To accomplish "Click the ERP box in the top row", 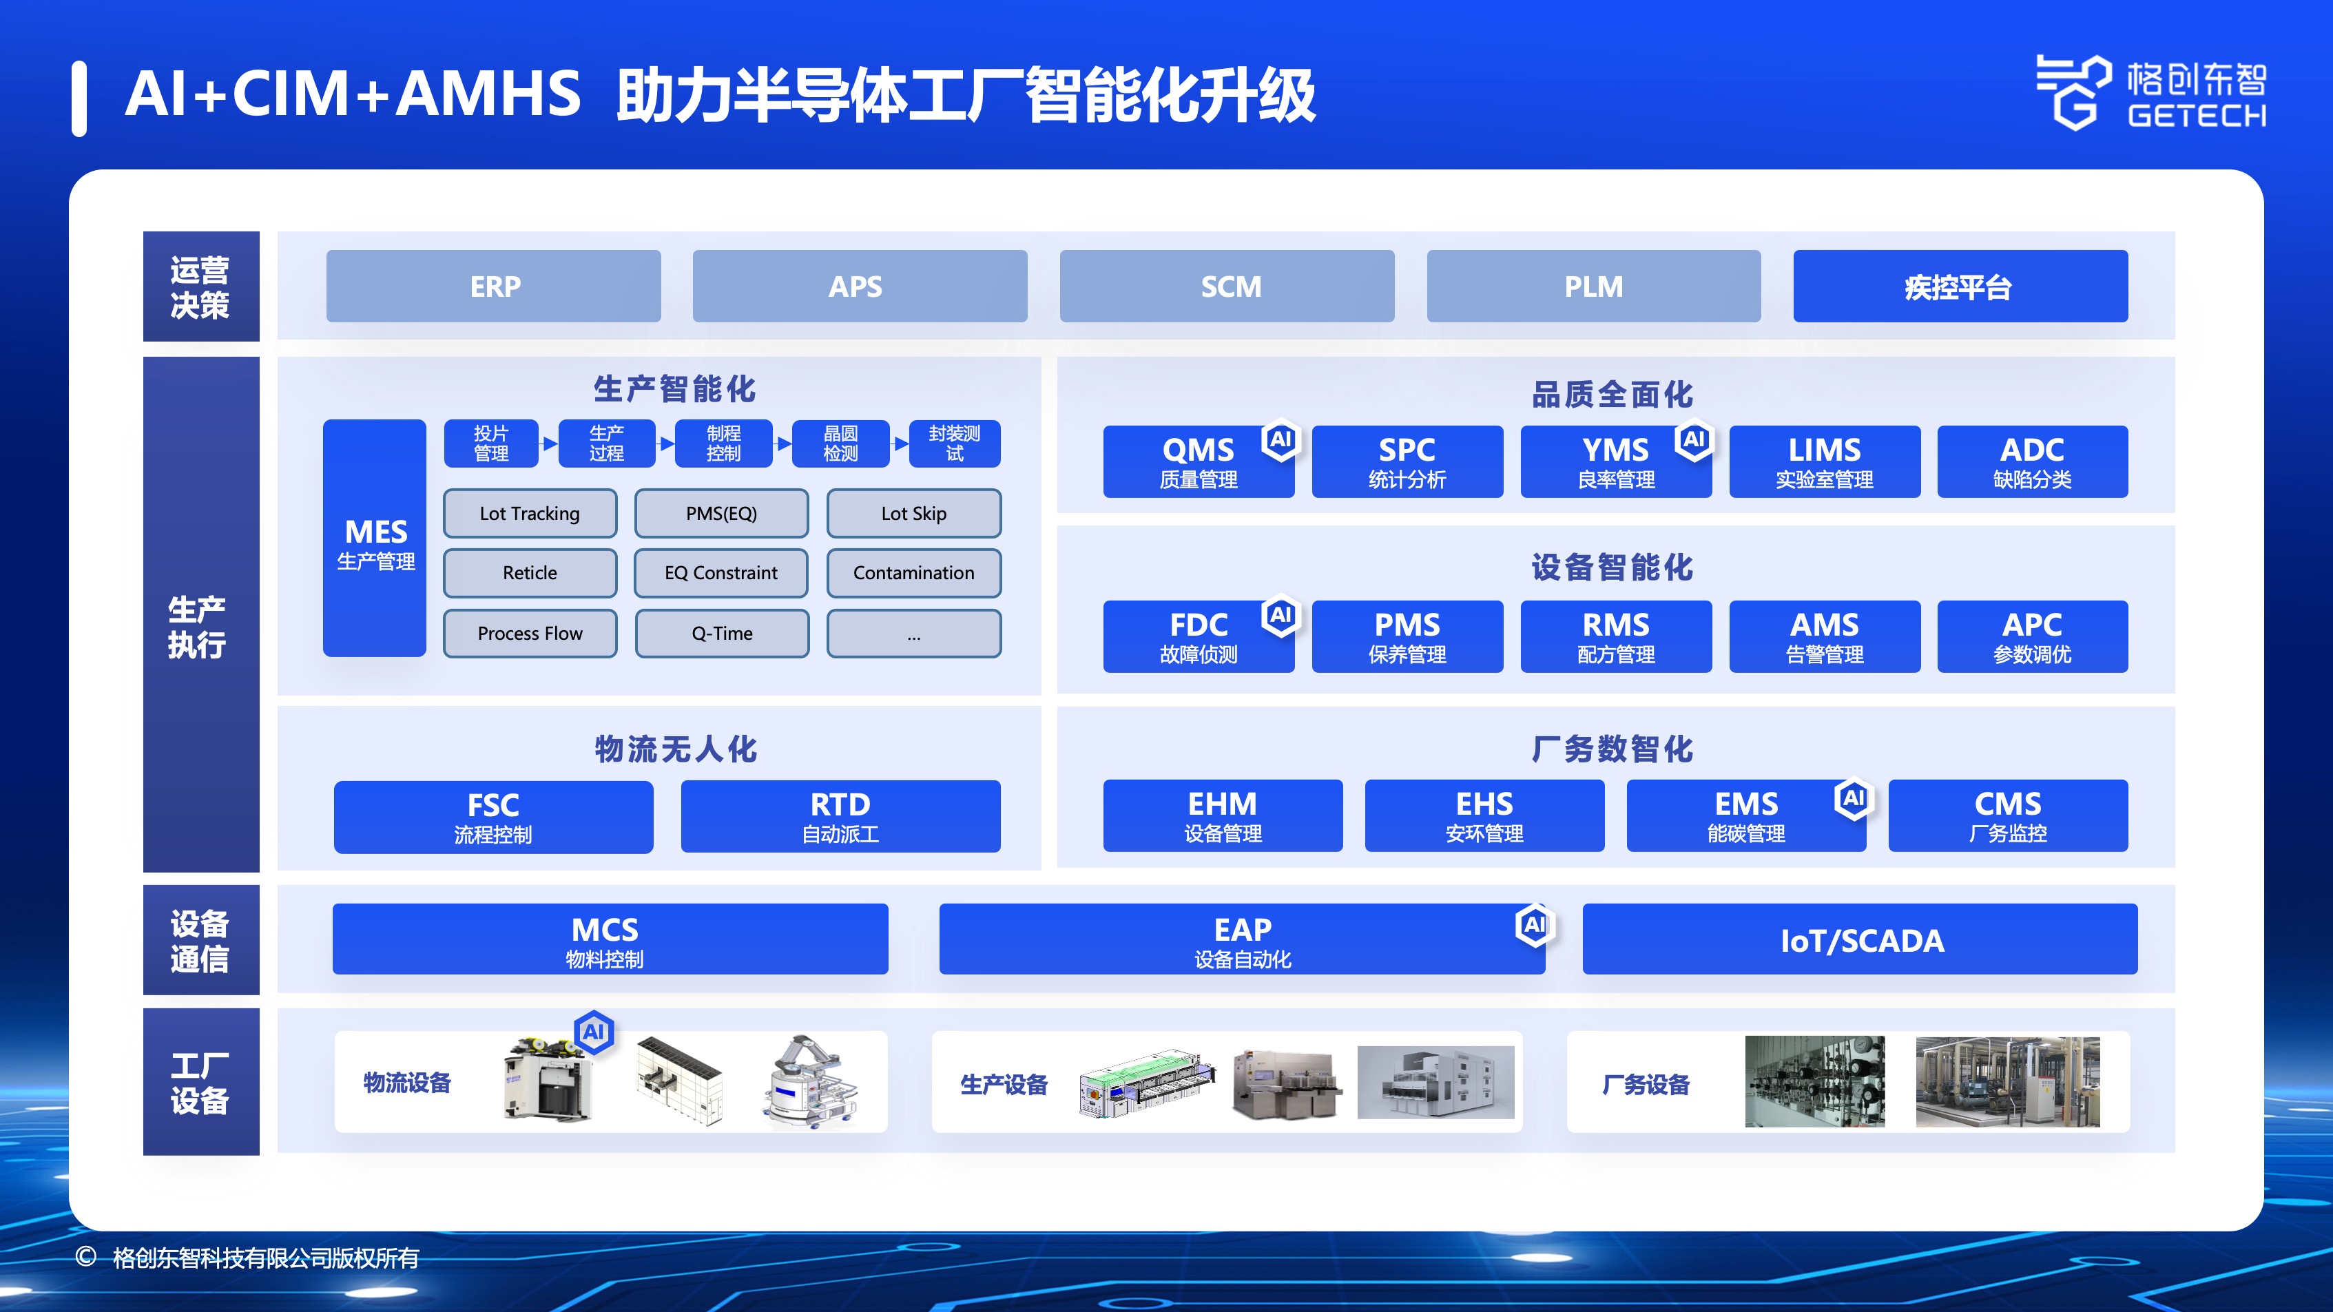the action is pyautogui.click(x=494, y=286).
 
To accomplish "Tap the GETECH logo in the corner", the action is pyautogui.click(x=2151, y=92).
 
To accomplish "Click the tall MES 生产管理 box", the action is pyautogui.click(x=375, y=538).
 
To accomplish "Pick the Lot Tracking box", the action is pyautogui.click(x=530, y=513).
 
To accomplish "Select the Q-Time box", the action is pyautogui.click(x=722, y=633).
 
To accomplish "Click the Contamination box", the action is pyautogui.click(x=914, y=573).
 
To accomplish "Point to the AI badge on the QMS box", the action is pyautogui.click(x=1280, y=440).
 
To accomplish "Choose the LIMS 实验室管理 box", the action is pyautogui.click(x=1825, y=461).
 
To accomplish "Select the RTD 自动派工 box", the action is pyautogui.click(x=840, y=816).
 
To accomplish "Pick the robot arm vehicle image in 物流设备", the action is pyautogui.click(x=809, y=1082).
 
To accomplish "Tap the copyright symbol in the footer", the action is pyautogui.click(x=86, y=1257).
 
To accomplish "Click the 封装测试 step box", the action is pyautogui.click(x=955, y=444).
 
